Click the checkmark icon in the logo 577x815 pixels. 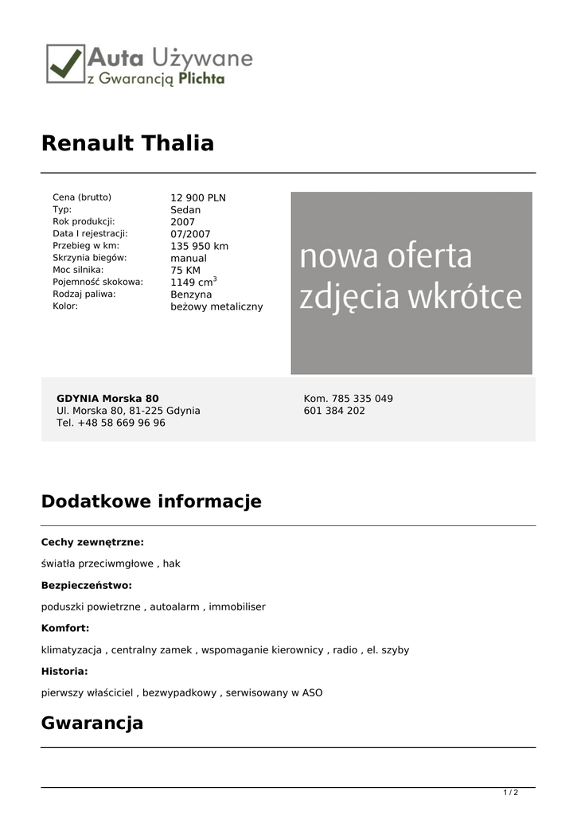click(x=66, y=63)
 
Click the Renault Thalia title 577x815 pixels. click(x=127, y=143)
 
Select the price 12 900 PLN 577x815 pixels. click(x=198, y=198)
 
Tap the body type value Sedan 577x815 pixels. click(x=185, y=210)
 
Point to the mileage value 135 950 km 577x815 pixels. click(x=199, y=246)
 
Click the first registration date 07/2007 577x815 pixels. click(x=190, y=234)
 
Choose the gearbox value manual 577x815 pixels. click(x=189, y=258)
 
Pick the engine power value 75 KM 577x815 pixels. click(x=185, y=271)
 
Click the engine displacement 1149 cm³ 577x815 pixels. click(x=193, y=282)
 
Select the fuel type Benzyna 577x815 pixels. click(x=191, y=294)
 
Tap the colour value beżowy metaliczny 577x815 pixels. click(x=216, y=306)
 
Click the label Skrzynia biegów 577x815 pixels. click(x=90, y=258)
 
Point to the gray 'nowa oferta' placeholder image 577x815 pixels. click(x=411, y=283)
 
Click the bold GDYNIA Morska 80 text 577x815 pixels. click(x=107, y=399)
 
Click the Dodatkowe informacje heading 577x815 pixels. click(x=151, y=501)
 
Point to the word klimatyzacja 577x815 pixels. click(x=72, y=650)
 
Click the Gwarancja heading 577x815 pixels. click(x=92, y=723)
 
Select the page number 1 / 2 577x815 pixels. click(x=511, y=792)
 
